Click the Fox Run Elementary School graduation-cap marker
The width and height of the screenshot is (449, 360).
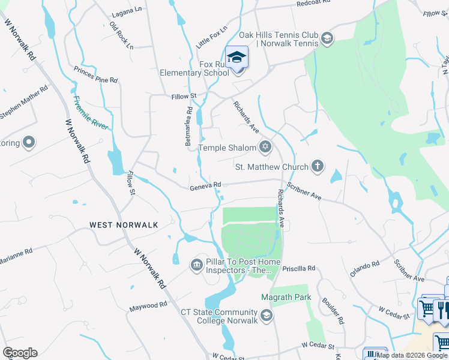[237, 58]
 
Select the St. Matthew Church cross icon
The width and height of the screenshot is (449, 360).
[318, 166]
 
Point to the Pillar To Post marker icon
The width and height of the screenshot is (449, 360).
[196, 265]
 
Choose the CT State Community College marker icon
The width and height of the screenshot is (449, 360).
[267, 314]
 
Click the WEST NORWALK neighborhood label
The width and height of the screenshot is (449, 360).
[124, 225]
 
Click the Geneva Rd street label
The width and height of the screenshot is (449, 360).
[206, 185]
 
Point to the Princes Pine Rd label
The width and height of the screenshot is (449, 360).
[95, 75]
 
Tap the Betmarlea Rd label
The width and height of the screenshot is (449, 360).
[188, 127]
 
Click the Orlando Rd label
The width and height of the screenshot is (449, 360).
[366, 268]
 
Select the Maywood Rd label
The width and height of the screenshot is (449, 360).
[148, 307]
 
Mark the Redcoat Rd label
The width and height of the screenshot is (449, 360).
[314, 4]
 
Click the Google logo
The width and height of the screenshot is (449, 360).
[20, 353]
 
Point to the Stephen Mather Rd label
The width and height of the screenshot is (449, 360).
[24, 103]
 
